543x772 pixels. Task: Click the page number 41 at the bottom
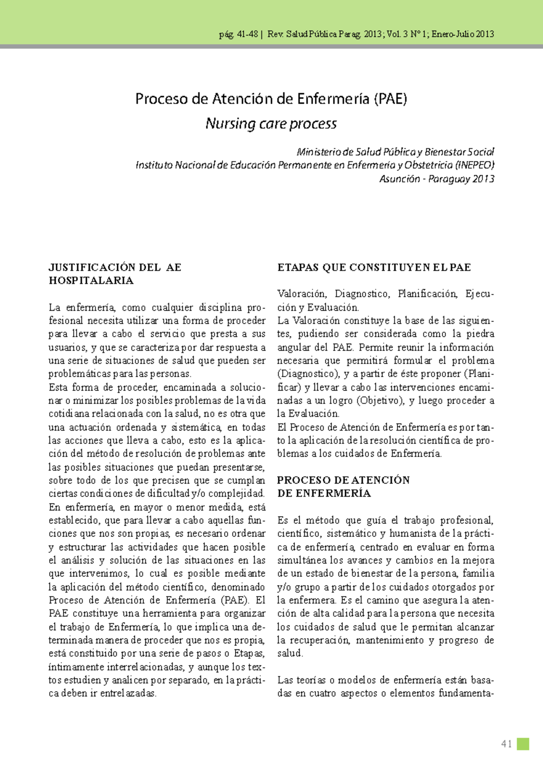pyautogui.click(x=506, y=744)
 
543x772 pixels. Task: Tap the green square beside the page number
pyautogui.click(x=523, y=744)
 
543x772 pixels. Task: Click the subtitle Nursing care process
pyautogui.click(x=271, y=124)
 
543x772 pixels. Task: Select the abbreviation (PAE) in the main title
pyautogui.click(x=391, y=99)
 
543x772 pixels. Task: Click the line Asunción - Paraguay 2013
pyautogui.click(x=437, y=179)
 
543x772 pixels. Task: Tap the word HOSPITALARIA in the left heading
pyautogui.click(x=91, y=281)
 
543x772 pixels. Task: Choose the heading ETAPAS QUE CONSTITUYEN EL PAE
pyautogui.click(x=374, y=268)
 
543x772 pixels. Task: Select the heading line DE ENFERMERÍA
pyautogui.click(x=324, y=494)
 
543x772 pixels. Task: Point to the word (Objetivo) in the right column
pyautogui.click(x=380, y=401)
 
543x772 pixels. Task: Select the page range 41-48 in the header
pyautogui.click(x=248, y=34)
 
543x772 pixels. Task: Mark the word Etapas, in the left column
pyautogui.click(x=249, y=653)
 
